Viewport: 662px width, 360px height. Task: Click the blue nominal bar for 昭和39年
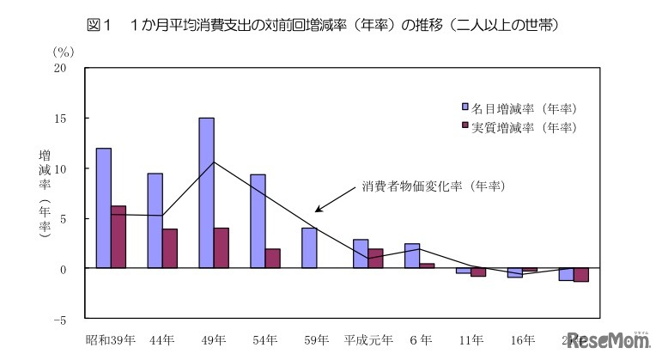103,208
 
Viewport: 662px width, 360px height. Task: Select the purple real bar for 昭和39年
118,237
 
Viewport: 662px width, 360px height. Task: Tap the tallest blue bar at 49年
206,193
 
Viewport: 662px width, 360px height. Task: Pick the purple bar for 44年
170,248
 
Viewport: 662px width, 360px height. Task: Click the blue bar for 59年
309,248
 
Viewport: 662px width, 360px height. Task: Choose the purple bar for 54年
273,259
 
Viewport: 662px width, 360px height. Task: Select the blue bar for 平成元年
361,254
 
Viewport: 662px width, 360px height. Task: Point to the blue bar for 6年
412,256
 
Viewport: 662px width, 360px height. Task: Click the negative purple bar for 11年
478,272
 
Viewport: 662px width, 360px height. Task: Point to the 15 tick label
60,118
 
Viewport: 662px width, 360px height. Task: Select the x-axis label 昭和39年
111,339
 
